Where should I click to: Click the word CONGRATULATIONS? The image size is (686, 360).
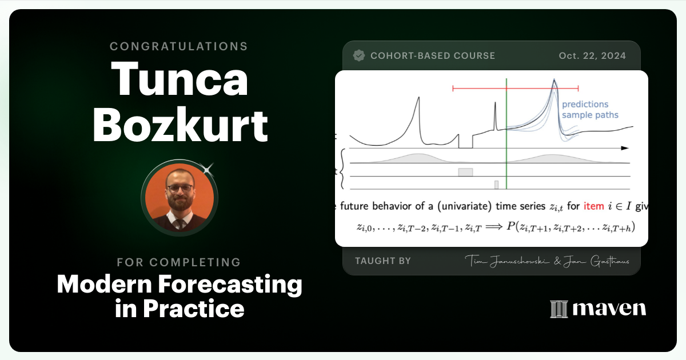point(179,46)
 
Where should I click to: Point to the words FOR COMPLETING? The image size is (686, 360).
point(179,262)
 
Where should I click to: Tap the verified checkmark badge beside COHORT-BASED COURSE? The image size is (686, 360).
point(359,55)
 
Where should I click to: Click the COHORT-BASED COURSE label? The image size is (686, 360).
point(432,55)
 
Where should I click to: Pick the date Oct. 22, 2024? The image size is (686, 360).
point(592,55)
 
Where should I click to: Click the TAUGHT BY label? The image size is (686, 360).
point(382,261)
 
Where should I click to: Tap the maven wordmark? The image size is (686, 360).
point(609,309)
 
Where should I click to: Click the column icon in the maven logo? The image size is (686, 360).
point(559,309)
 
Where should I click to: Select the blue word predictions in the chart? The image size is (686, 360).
point(585,104)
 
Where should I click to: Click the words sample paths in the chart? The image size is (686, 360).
point(589,115)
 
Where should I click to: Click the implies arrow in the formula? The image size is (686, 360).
point(492,227)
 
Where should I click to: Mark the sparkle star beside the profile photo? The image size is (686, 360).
point(208,169)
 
